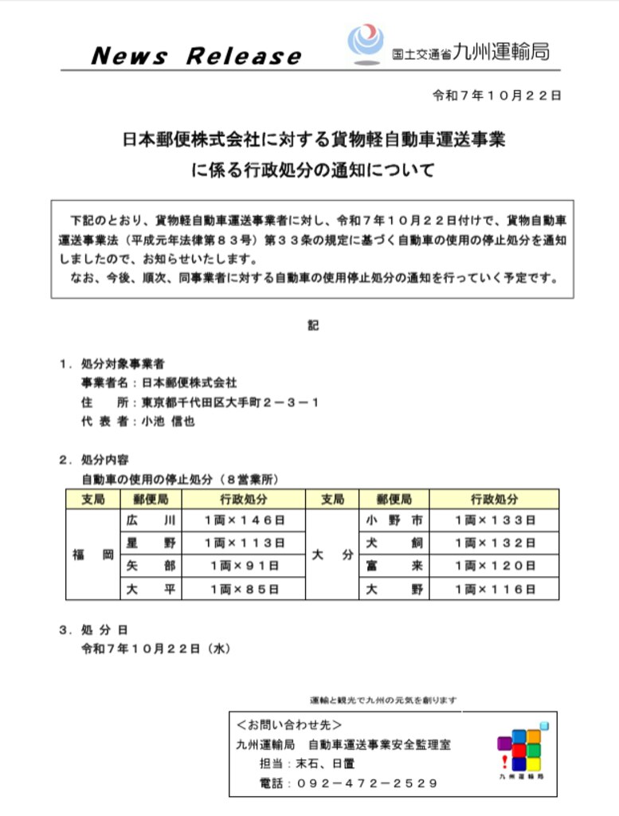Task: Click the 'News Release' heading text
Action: pyautogui.click(x=196, y=56)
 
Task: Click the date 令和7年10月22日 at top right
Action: pyautogui.click(x=496, y=95)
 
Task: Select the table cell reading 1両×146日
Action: pyautogui.click(x=244, y=520)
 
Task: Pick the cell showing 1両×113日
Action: pyautogui.click(x=244, y=543)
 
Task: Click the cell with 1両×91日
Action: pyautogui.click(x=244, y=566)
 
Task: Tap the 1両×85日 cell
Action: pyautogui.click(x=244, y=589)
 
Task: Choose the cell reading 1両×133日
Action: pyautogui.click(x=494, y=520)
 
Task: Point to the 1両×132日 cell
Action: pyautogui.click(x=494, y=543)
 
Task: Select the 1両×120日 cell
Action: pyautogui.click(x=494, y=566)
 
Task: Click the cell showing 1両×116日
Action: pyautogui.click(x=494, y=589)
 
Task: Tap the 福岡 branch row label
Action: pyautogui.click(x=92, y=555)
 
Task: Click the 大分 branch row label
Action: pyautogui.click(x=332, y=555)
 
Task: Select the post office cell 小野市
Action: pyautogui.click(x=394, y=520)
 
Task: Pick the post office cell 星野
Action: pyautogui.click(x=151, y=543)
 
